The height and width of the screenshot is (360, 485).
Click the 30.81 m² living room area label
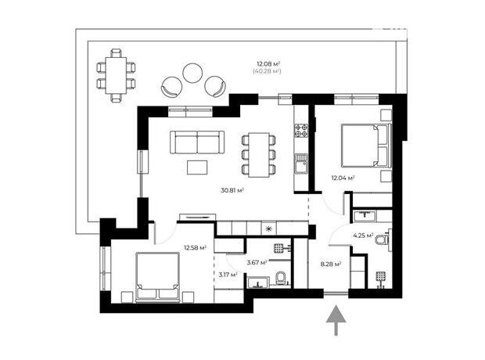pos(232,190)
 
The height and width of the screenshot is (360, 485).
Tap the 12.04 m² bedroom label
pos(343,178)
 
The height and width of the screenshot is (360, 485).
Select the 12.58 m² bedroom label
pos(196,247)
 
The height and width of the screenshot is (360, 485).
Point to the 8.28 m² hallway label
pos(331,264)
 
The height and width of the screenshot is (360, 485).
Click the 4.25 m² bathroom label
pos(363,236)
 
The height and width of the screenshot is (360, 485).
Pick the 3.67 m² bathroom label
pos(257,263)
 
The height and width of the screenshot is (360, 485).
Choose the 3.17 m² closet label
pos(228,274)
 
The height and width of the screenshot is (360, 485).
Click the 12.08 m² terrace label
pos(268,64)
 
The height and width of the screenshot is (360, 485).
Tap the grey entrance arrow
pos(336,320)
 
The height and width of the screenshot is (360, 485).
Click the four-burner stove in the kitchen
pos(301,131)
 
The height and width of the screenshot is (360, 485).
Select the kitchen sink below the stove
pos(301,164)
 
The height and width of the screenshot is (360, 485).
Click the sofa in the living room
pos(197,142)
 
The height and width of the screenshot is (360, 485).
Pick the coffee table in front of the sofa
pos(197,167)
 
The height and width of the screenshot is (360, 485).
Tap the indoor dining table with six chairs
pos(259,155)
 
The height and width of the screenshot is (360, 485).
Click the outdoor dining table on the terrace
pos(116,75)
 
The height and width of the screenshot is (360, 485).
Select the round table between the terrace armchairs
pos(192,73)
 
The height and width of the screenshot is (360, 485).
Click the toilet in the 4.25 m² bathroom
pos(382,239)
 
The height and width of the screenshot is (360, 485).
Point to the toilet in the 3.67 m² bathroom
pos(281,277)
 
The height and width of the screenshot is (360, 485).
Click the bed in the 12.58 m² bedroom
pos(157,277)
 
